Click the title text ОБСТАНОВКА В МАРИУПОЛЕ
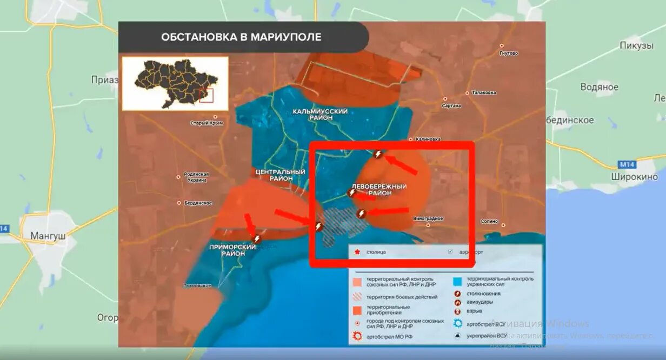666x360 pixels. tap(241, 37)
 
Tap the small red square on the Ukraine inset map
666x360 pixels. tap(207, 96)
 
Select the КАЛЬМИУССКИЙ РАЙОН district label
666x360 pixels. tap(320, 115)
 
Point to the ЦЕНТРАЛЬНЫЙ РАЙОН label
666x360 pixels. tap(280, 175)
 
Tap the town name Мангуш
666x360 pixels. tap(48, 236)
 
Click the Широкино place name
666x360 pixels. tap(634, 177)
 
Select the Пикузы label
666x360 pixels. tap(636, 45)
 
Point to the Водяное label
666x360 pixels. tap(599, 87)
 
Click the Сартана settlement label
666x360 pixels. tap(452, 106)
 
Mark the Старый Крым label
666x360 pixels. tap(207, 123)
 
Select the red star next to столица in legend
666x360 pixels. tap(357, 252)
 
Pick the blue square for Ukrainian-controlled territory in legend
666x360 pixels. tap(457, 281)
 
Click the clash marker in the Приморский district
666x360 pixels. tap(257, 238)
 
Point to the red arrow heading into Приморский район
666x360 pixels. tap(250, 224)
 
